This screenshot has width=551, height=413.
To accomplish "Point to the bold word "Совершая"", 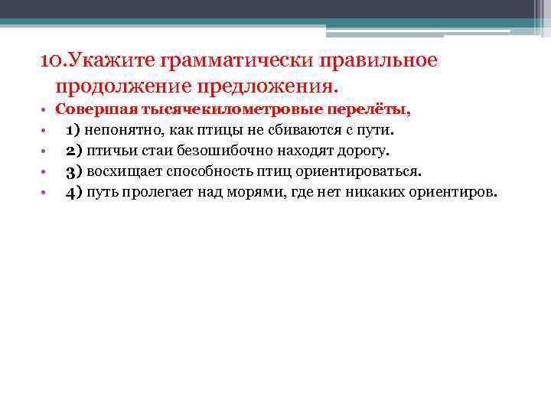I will pyautogui.click(x=91, y=109).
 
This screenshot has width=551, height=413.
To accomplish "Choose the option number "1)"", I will pyautogui.click(x=74, y=130).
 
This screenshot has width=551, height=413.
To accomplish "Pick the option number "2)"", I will pyautogui.click(x=74, y=151).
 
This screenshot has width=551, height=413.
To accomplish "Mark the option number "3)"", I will pyautogui.click(x=74, y=171).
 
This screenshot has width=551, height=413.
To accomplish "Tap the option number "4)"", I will pyautogui.click(x=74, y=192).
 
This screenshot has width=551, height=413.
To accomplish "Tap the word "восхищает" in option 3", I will pyautogui.click(x=122, y=171).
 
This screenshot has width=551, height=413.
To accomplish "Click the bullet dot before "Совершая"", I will pyautogui.click(x=45, y=110).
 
